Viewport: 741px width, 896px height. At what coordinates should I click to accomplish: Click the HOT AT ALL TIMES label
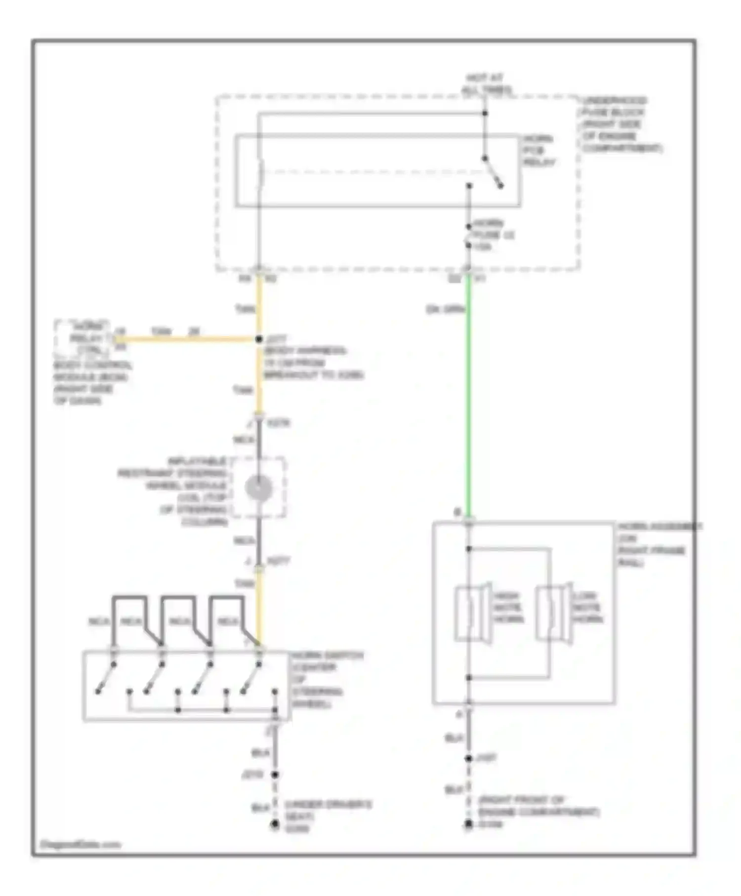click(486, 84)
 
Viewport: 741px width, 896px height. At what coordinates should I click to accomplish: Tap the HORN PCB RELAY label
click(539, 151)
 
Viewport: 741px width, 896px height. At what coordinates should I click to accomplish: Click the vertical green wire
click(468, 395)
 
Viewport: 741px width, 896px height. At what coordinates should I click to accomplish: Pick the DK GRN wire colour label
click(445, 310)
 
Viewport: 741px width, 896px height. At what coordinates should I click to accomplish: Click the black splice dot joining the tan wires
click(259, 339)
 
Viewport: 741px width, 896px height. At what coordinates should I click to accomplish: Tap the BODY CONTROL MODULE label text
click(92, 383)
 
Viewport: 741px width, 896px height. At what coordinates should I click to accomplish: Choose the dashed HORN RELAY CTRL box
click(82, 338)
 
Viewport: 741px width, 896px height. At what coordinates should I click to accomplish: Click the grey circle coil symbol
click(258, 488)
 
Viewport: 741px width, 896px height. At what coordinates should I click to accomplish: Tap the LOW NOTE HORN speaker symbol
click(554, 613)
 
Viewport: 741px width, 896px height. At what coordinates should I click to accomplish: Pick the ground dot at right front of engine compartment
click(468, 824)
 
